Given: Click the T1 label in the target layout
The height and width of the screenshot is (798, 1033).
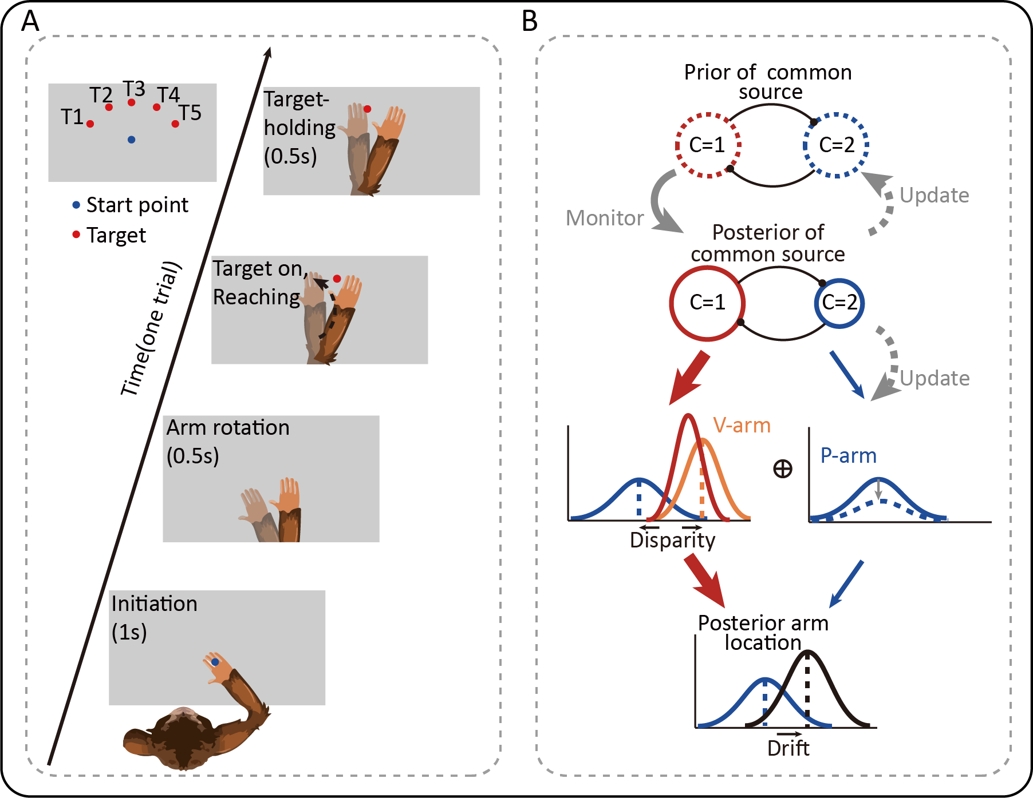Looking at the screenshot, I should pos(72,117).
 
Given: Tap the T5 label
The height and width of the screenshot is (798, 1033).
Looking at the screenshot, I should pos(190,113).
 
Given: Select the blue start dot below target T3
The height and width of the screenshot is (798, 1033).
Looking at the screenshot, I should pos(131,140).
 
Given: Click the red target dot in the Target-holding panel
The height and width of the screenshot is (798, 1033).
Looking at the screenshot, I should pos(367,109).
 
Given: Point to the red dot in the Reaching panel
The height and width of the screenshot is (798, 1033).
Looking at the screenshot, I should pos(337,279).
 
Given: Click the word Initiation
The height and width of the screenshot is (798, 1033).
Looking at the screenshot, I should pos(154,604).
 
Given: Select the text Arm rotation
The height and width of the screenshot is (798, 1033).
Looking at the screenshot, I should pos(228,427).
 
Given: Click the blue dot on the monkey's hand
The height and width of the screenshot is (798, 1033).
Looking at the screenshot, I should pos(215,662).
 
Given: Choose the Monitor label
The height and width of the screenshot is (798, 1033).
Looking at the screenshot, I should pos(605,218).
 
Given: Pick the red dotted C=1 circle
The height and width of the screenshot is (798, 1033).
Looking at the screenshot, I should pos(708,145).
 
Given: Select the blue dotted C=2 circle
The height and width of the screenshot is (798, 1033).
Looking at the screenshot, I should pos(836,145).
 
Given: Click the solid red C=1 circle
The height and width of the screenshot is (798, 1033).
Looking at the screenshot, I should pos(707,303).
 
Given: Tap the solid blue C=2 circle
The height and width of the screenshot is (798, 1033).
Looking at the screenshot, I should pos(839,303).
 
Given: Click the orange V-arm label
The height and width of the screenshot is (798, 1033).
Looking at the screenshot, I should pos(742,426).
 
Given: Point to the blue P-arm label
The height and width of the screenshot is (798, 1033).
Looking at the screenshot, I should pos(848,455).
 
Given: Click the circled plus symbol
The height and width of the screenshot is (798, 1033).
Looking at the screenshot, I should pos(783,469).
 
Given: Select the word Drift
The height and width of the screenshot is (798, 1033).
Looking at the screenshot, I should pos(788,748).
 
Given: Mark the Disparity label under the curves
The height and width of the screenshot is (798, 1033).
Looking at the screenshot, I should pos(672,540).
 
